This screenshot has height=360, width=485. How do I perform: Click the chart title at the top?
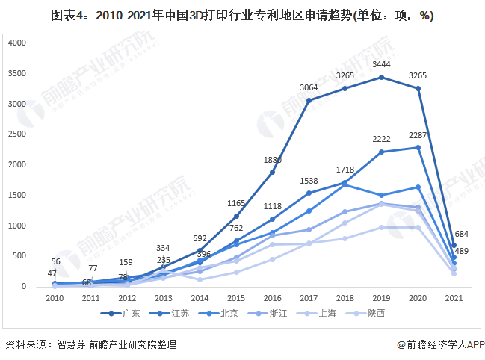tap(243, 15)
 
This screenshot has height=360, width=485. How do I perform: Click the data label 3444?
tap(381, 65)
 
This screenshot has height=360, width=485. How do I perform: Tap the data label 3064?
tap(309, 88)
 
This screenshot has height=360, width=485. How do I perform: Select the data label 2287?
tap(418, 135)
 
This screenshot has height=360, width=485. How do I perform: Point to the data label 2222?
tap(381, 140)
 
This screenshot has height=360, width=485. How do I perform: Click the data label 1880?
tap(272, 160)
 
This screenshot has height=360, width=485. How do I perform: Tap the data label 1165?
tap(235, 203)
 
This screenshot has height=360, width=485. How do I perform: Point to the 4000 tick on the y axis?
tap(17, 43)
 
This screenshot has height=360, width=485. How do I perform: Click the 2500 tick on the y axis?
tap(17, 134)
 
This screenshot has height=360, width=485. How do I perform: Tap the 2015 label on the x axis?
tap(235, 297)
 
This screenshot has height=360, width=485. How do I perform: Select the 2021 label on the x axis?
tap(454, 297)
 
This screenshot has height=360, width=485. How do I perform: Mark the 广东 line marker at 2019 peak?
tap(381, 77)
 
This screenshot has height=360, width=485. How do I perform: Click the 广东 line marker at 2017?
tap(309, 100)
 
